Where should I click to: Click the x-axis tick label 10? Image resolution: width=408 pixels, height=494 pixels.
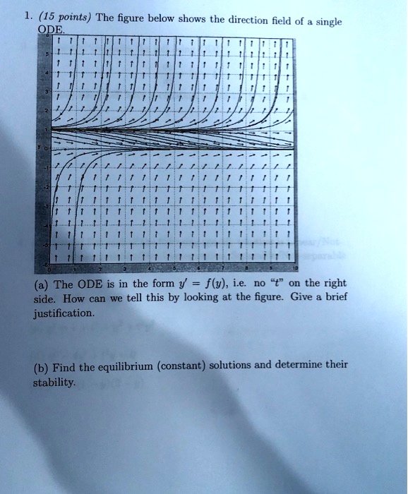point(296,270)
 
